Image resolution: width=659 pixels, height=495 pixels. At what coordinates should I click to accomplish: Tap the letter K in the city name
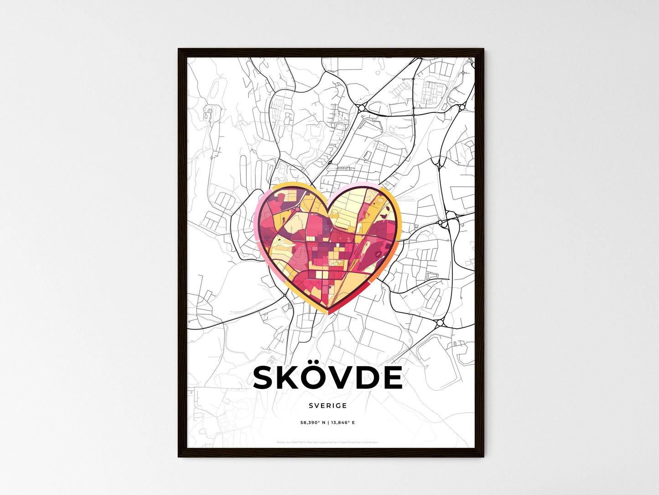tap(291, 378)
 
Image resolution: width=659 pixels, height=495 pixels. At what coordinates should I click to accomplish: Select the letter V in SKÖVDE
tap(348, 378)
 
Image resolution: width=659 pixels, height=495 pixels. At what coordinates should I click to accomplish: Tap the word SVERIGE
tap(327, 405)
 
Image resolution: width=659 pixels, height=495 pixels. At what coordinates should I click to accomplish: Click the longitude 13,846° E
tap(343, 423)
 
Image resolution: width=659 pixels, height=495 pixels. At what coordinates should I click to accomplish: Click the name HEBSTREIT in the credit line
tap(298, 442)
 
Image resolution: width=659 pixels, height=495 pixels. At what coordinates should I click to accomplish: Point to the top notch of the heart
tap(328, 211)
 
